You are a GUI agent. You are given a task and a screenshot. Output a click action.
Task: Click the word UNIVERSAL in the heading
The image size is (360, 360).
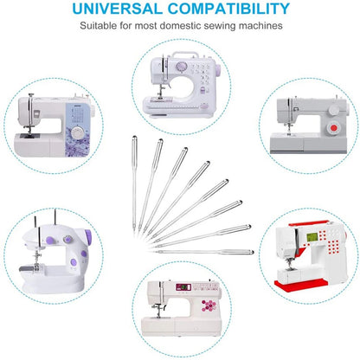[118, 9]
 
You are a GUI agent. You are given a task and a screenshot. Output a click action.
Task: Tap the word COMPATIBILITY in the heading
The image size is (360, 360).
[228, 9]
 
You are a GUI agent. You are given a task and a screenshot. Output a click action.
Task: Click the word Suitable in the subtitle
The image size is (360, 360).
[98, 26]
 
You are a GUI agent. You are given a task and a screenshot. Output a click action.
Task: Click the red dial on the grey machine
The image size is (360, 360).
[334, 128]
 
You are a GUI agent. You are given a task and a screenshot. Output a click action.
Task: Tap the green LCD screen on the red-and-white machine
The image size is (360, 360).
[312, 237]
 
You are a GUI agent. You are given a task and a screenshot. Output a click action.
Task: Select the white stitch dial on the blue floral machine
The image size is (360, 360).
[77, 133]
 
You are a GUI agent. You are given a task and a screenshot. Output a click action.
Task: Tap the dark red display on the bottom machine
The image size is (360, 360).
[183, 287]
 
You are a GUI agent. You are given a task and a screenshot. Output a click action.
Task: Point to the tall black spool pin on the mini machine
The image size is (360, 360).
[55, 218]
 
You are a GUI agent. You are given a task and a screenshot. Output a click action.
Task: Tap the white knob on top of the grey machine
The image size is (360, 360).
[334, 109]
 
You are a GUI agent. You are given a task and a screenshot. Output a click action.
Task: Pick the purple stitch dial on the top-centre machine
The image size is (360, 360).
[181, 67]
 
